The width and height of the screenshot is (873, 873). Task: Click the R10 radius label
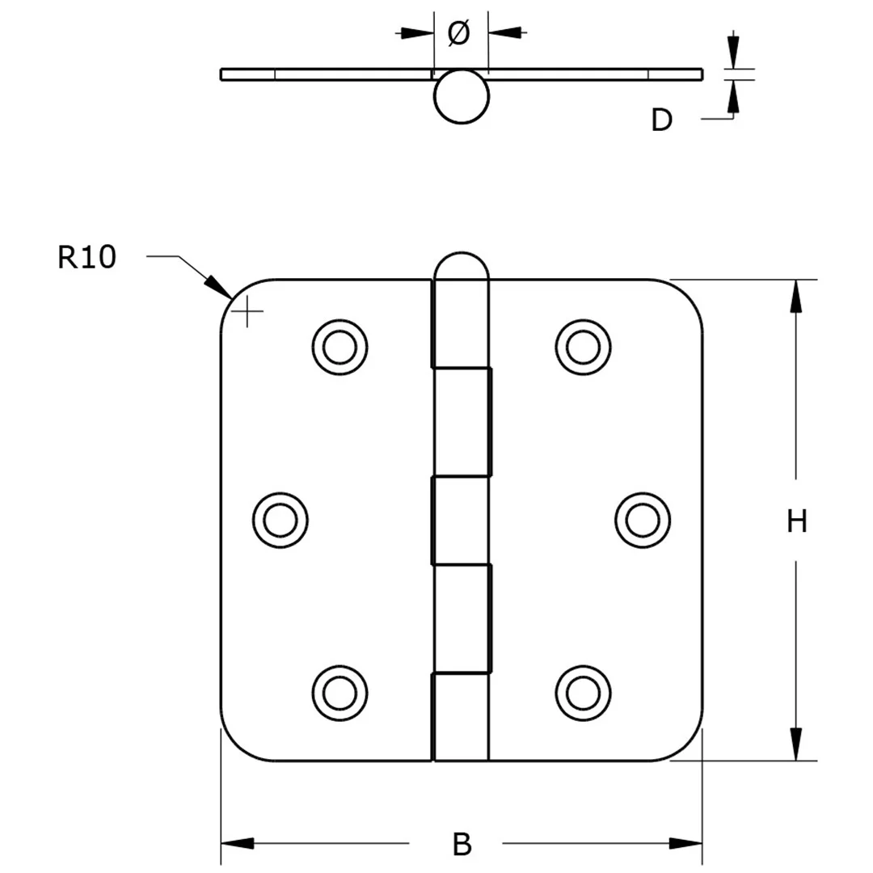87,257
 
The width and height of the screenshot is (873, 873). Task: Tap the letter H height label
797,522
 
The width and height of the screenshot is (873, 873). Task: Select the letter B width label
462,844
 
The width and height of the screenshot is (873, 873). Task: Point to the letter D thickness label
661,120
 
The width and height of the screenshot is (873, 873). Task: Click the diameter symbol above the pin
458,33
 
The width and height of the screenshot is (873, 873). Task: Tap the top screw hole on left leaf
339,346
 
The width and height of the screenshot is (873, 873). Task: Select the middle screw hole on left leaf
280,519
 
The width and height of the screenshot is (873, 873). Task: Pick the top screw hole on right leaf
583,346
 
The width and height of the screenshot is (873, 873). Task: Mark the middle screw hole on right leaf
642,519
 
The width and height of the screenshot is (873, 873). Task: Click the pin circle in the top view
462,97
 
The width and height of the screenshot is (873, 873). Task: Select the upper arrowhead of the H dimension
797,295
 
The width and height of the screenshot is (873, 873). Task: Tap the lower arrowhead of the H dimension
797,744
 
